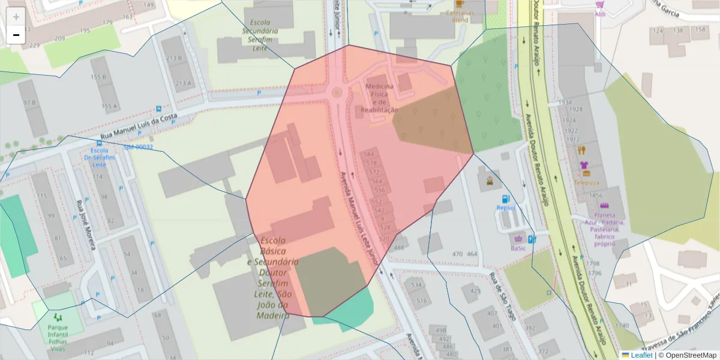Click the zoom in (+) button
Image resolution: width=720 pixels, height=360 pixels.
[16, 17]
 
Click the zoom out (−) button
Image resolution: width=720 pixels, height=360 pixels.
[16, 35]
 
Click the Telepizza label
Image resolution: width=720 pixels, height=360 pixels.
[587, 182]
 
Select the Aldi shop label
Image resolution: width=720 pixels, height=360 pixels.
[600, 14]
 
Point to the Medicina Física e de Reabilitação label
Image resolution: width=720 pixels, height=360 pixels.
[379, 98]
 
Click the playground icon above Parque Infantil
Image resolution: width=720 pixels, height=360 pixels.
[58, 316]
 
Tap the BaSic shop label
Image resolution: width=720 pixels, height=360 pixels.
[518, 248]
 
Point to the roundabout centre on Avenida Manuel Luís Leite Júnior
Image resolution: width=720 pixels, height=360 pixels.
[337, 92]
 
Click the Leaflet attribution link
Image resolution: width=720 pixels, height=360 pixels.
[641, 355]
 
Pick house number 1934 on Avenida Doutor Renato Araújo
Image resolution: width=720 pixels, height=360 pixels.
[565, 103]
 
